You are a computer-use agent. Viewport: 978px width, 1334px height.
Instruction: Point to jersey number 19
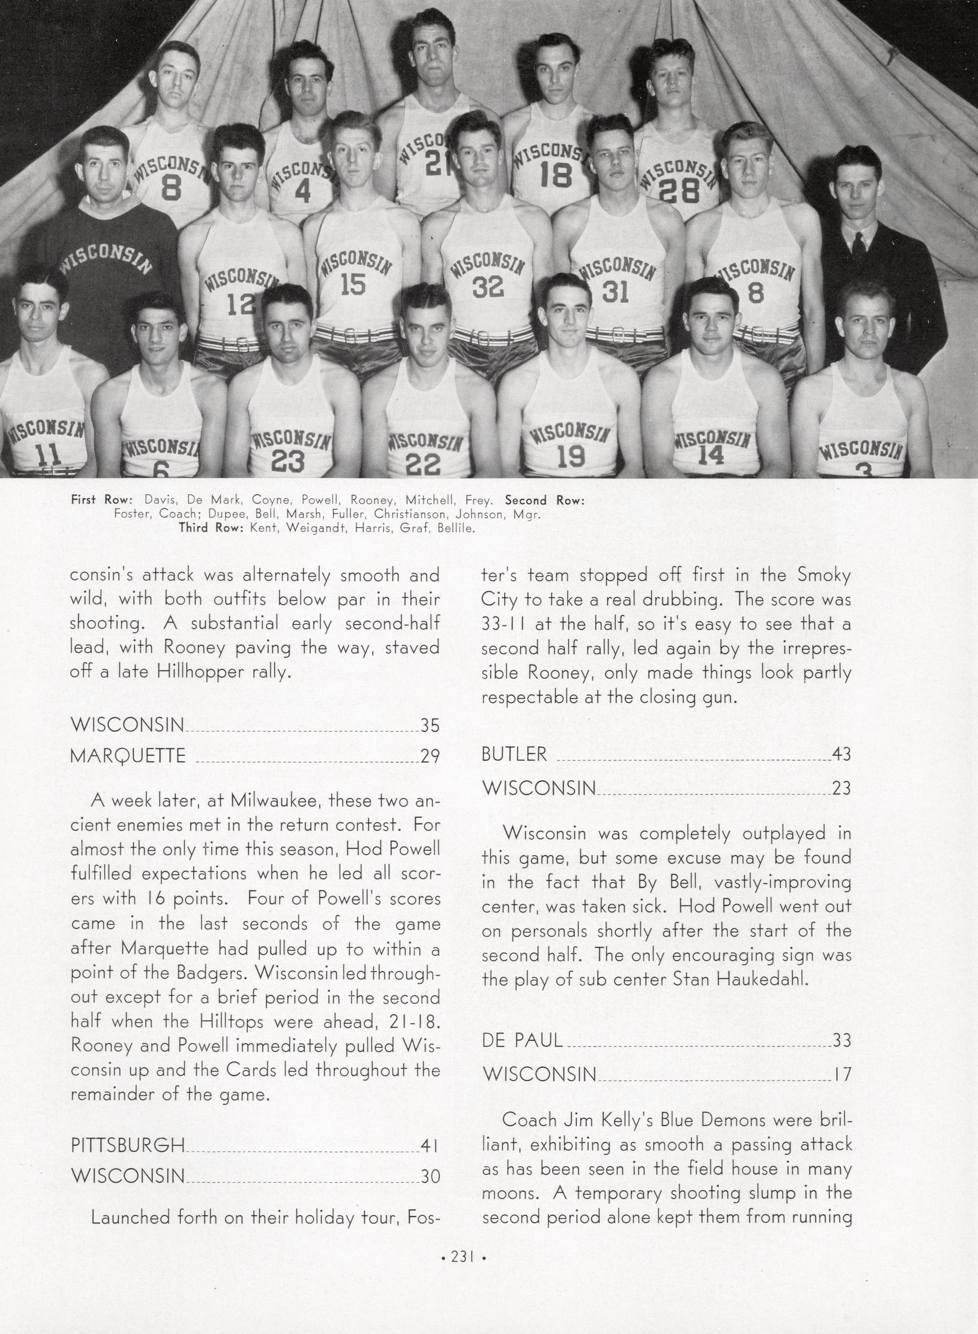point(571,456)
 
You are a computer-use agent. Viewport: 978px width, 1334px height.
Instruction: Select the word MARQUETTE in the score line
point(128,755)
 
